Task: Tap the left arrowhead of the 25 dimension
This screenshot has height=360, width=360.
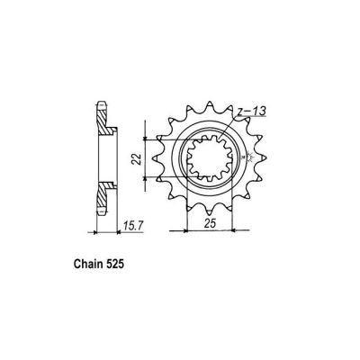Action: tap(189, 230)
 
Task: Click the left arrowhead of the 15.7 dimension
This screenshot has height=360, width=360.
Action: tap(97, 232)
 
